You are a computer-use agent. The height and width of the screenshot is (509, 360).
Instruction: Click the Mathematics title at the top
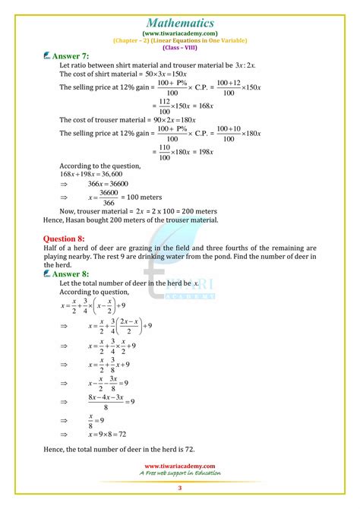179,12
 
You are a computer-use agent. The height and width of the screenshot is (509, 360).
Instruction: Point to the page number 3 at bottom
180,487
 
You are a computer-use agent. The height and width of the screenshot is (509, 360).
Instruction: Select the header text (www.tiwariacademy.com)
179,33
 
